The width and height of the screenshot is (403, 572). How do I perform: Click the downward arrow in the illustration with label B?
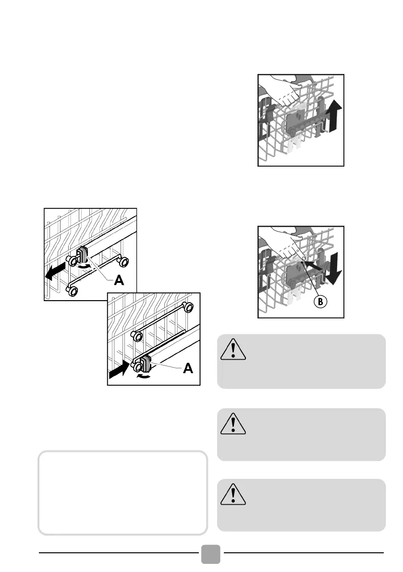[x=334, y=268]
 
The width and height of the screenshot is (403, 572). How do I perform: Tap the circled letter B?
[x=320, y=302]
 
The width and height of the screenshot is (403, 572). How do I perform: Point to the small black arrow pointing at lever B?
[x=313, y=265]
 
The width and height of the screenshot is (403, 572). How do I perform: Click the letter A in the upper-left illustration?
[x=119, y=280]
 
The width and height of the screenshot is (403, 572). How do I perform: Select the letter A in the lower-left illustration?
[x=188, y=368]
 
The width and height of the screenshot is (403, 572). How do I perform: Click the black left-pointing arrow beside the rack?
[x=55, y=271]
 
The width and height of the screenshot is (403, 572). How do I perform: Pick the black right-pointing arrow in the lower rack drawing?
[x=119, y=369]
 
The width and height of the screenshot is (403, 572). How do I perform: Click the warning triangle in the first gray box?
[x=233, y=350]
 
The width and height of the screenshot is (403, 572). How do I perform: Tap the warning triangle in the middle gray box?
[x=233, y=424]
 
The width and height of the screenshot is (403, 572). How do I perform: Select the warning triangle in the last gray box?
[x=233, y=495]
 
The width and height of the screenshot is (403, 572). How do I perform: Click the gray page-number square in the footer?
[x=211, y=554]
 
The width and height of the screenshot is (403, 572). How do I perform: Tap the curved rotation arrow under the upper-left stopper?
[x=84, y=267]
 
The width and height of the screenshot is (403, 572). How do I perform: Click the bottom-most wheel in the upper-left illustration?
[x=73, y=291]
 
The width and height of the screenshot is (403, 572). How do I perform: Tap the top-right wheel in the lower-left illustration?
[x=188, y=307]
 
